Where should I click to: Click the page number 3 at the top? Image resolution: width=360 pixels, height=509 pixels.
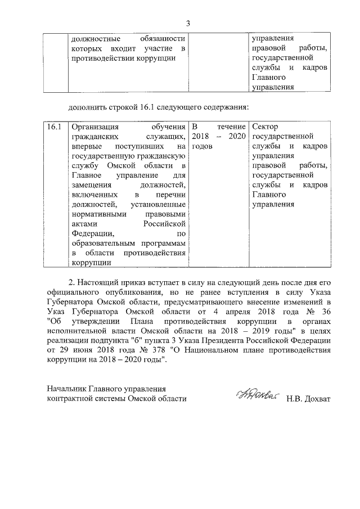(x=188, y=23)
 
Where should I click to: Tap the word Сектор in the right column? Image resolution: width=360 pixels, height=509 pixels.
(x=265, y=127)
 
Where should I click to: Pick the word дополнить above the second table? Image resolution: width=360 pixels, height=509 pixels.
(x=87, y=107)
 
